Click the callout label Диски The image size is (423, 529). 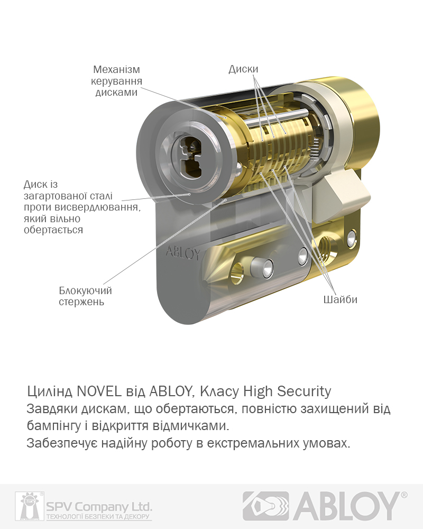(x=243, y=69)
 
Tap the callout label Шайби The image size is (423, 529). (x=340, y=299)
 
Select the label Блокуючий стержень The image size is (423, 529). (x=85, y=296)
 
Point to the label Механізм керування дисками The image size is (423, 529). (x=116, y=81)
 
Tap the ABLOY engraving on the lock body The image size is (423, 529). (x=182, y=253)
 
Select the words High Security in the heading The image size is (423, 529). (x=287, y=391)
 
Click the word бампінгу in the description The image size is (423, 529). (x=53, y=426)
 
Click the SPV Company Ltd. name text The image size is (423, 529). (x=99, y=506)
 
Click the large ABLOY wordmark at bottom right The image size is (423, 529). (x=346, y=506)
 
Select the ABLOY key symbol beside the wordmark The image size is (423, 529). (x=266, y=506)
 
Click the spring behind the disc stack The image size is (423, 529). (x=315, y=149)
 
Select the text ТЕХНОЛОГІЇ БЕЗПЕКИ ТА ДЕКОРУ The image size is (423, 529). (x=98, y=517)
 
